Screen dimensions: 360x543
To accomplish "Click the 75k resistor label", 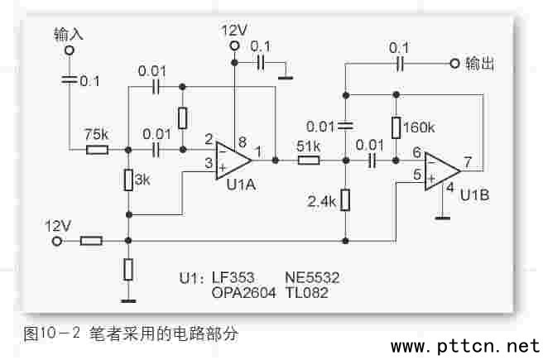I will tap(97, 135).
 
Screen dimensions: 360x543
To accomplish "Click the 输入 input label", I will tap(69, 34).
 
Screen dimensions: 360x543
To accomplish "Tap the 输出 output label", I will tap(480, 64).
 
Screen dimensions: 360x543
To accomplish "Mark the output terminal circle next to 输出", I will tap(453, 64).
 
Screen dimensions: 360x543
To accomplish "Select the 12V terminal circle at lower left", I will tap(56, 241).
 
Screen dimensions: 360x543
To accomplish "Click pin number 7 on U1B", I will tap(468, 161).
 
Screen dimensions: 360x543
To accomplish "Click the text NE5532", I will tap(312, 276).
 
